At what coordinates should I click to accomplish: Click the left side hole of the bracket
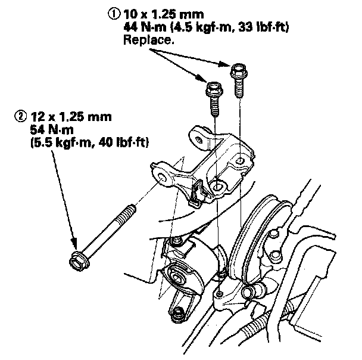point(162,173)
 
